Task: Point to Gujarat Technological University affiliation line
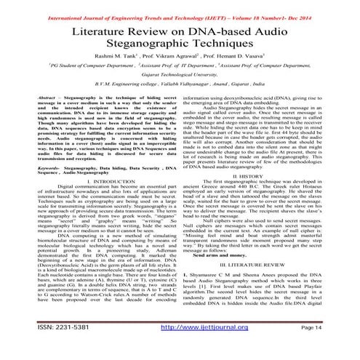[180, 85]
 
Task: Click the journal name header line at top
[180, 5]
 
